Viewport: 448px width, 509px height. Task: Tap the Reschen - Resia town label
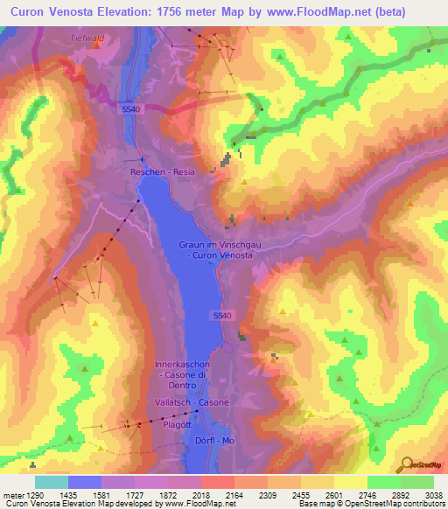pyautogui.click(x=163, y=172)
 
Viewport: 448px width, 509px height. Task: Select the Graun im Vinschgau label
pyautogui.click(x=215, y=246)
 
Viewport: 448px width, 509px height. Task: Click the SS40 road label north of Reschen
pyautogui.click(x=129, y=108)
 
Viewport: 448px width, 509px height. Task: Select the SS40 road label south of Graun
pyautogui.click(x=222, y=314)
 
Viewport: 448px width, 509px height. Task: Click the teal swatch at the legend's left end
pyautogui.click(x=52, y=482)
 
